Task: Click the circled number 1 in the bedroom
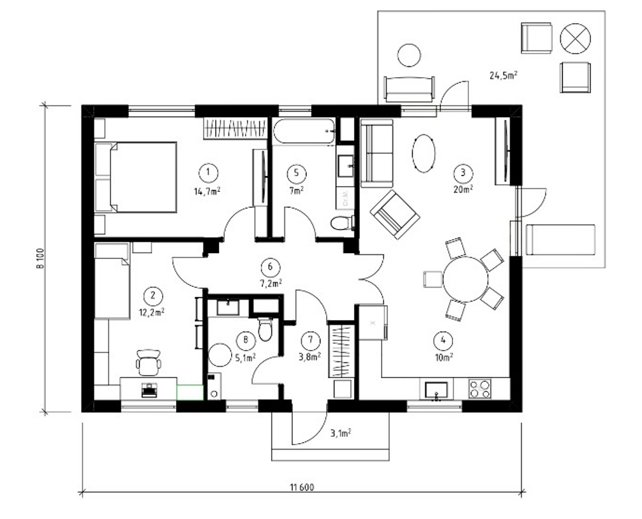(x=207, y=172)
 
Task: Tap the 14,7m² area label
(x=207, y=189)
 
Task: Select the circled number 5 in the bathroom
(x=294, y=172)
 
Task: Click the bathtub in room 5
(x=304, y=132)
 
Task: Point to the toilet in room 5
(x=343, y=223)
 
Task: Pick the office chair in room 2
(x=149, y=363)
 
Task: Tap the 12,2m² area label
(x=153, y=312)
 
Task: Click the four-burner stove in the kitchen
(x=480, y=388)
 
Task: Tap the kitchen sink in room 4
(x=437, y=389)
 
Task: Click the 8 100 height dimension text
(x=40, y=258)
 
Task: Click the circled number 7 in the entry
(x=310, y=339)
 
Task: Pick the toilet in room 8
(x=265, y=330)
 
